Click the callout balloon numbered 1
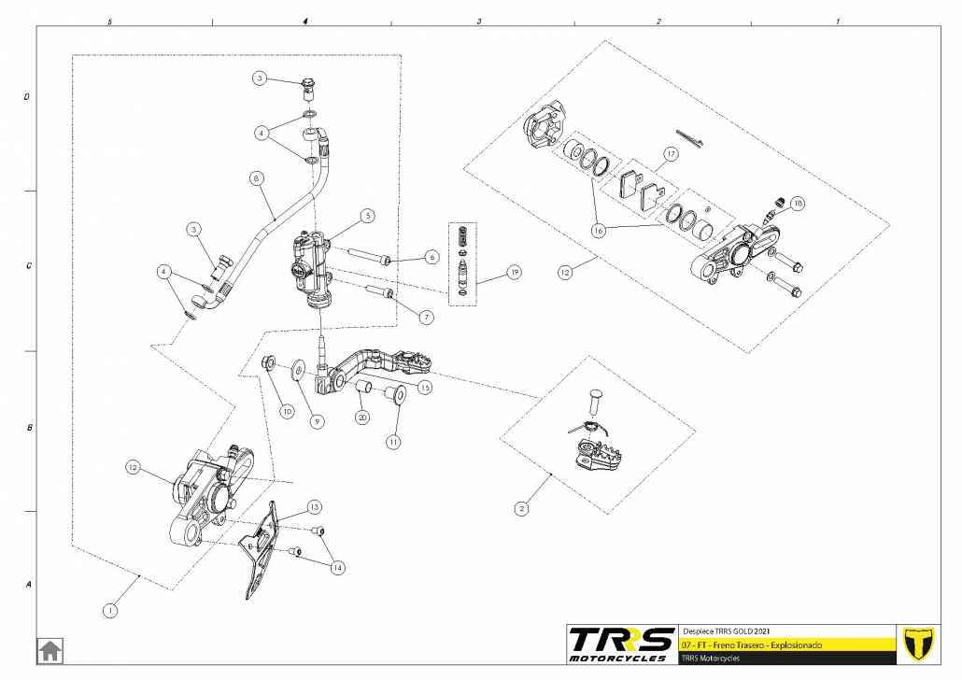point(111,611)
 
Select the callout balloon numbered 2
point(521,509)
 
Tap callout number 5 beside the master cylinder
point(368,215)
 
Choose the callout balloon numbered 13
point(314,506)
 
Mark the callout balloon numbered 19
point(513,273)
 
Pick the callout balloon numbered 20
point(362,418)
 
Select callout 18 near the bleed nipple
point(797,203)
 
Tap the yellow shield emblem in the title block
point(920,644)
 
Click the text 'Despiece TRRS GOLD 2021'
point(728,630)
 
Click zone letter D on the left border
point(27,96)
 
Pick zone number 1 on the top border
point(837,20)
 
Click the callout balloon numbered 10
point(287,411)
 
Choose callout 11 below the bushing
point(393,440)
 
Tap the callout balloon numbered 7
point(427,317)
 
